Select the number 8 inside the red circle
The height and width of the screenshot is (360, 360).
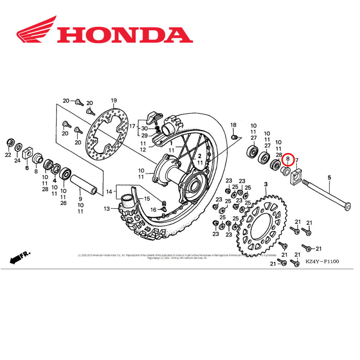click(288, 158)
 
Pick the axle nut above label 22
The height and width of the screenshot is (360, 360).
click(10, 143)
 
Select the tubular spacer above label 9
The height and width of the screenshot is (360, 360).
click(83, 184)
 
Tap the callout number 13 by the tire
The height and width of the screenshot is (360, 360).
click(107, 208)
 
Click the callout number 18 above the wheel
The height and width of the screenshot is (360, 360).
click(233, 125)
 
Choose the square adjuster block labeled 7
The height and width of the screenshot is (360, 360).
click(296, 176)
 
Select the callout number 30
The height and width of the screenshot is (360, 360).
click(144, 129)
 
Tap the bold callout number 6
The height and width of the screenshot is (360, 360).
click(27, 167)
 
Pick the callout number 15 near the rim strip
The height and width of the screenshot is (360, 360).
click(147, 199)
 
